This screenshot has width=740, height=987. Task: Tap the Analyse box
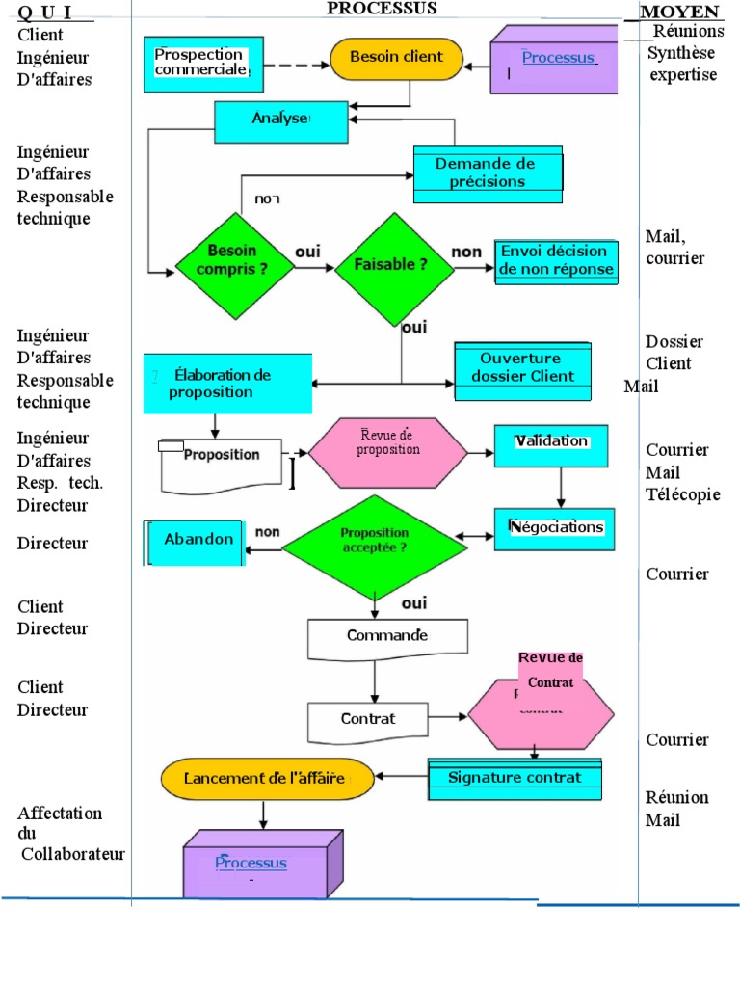(280, 120)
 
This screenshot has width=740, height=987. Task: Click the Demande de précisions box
(488, 173)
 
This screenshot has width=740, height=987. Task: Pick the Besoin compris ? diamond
(232, 261)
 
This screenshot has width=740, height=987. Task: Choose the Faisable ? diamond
(394, 262)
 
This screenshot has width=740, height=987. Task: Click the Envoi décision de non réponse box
(555, 261)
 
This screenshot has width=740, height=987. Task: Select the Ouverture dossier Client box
(521, 369)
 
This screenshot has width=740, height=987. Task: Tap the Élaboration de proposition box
(227, 383)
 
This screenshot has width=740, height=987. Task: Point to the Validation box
(551, 444)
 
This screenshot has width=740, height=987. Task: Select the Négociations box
(555, 528)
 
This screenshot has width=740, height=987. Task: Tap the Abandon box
(197, 542)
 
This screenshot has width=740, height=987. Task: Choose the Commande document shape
(387, 636)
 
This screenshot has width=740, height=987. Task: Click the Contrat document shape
(367, 720)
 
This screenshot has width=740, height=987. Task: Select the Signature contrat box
(515, 778)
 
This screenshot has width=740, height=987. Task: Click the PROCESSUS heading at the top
(382, 9)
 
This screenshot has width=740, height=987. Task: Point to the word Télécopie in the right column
(683, 494)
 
